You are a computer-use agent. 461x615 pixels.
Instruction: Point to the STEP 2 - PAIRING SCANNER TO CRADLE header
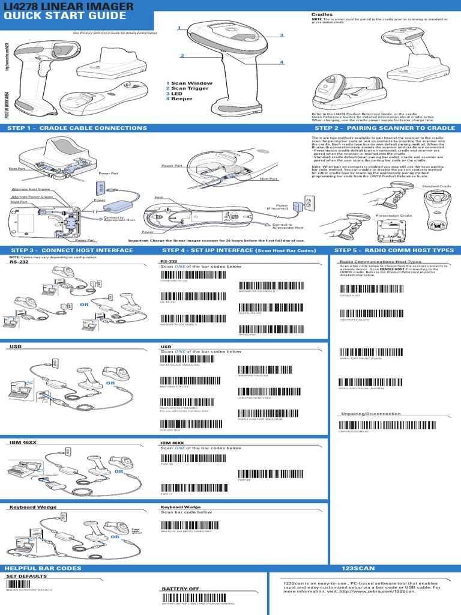(x=385, y=128)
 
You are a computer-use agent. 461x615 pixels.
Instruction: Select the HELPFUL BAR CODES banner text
(x=43, y=568)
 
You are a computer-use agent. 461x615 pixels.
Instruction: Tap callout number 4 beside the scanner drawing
(x=281, y=62)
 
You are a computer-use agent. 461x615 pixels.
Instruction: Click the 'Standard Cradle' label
(x=436, y=187)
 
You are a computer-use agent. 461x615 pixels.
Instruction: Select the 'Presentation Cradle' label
(x=394, y=215)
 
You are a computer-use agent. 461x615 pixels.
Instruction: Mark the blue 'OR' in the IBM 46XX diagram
(x=118, y=472)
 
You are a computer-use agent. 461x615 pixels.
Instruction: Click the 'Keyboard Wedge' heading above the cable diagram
(x=27, y=507)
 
